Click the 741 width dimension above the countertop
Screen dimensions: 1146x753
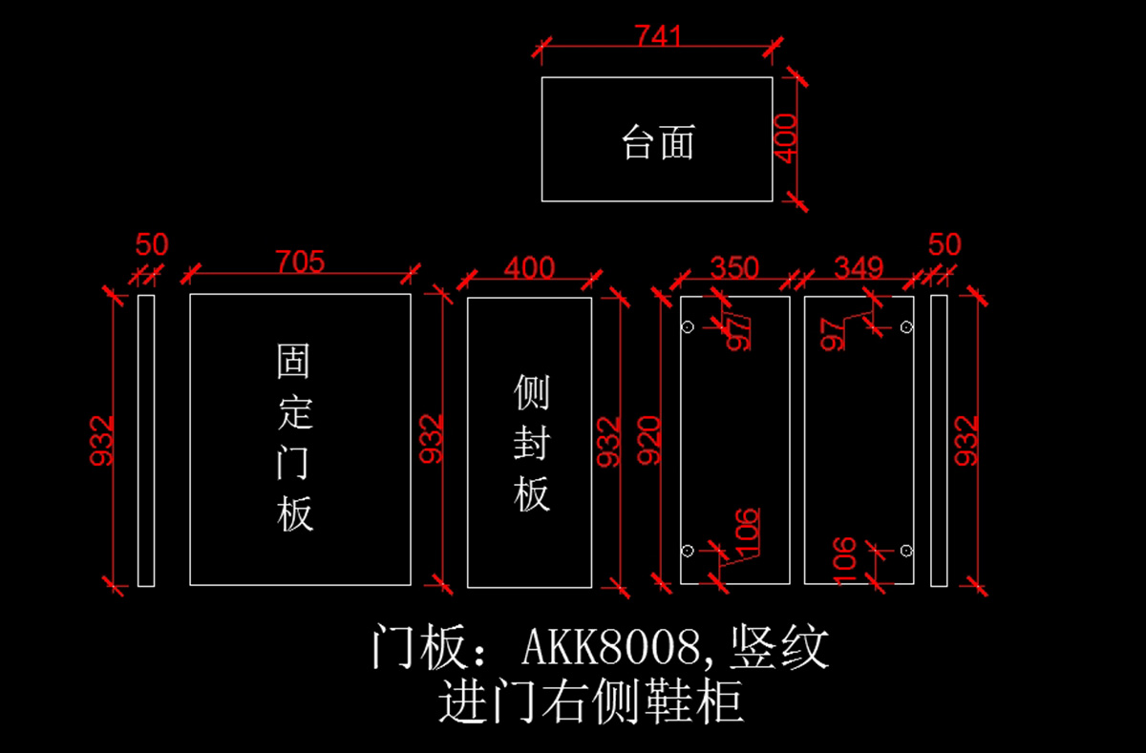tap(658, 35)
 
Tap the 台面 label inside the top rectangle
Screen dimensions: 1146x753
tap(658, 142)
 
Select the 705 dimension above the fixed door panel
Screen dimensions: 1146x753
tap(300, 261)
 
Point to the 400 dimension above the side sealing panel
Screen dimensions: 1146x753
tap(529, 267)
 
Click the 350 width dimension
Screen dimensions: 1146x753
tap(734, 267)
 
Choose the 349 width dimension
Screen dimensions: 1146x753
tap(859, 267)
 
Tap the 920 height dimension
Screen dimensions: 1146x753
tap(648, 440)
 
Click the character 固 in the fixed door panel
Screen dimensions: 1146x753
tap(293, 361)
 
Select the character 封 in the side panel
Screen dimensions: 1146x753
tap(532, 442)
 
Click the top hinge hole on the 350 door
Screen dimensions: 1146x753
tap(688, 326)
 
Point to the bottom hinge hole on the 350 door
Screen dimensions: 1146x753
tap(688, 551)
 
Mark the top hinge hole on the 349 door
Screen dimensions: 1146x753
tap(906, 326)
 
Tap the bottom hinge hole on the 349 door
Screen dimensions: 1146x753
tap(906, 551)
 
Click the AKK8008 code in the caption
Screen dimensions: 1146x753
tap(610, 647)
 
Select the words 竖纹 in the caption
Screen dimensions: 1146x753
tap(778, 647)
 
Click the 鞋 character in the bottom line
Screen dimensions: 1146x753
tap(668, 701)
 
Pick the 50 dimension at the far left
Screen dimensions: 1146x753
tap(152, 244)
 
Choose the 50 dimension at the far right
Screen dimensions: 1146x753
tap(944, 244)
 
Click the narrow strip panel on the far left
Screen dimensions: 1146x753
tap(146, 440)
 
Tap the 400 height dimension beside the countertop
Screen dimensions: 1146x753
tap(785, 138)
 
